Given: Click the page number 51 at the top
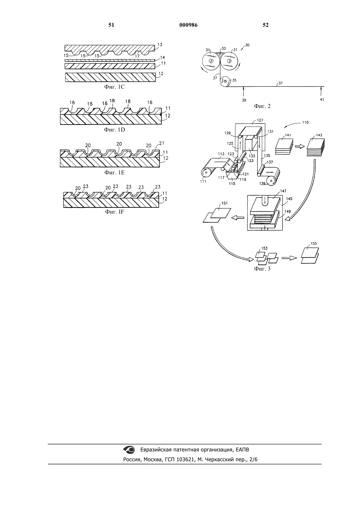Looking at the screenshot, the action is click(111, 25).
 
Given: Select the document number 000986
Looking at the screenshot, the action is click(189, 25).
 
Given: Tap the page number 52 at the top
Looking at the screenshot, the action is click(265, 25).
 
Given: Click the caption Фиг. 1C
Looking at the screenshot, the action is click(114, 87).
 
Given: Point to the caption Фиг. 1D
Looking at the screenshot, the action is click(114, 130).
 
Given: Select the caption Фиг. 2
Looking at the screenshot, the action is click(262, 106).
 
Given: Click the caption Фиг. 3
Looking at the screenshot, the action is click(262, 269).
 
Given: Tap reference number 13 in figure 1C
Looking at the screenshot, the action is click(160, 44).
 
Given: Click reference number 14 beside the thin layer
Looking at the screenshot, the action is click(163, 58).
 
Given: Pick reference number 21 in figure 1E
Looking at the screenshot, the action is click(162, 143).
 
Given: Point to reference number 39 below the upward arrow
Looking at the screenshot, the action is click(244, 100).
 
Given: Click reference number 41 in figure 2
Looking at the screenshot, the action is click(322, 99).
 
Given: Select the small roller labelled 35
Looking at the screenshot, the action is click(225, 81).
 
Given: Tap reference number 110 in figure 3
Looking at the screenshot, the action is click(305, 122).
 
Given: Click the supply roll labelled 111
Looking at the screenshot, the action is click(206, 173).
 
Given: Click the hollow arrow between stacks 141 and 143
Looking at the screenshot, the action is click(299, 147).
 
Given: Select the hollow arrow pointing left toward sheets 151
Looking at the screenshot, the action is click(238, 218).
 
